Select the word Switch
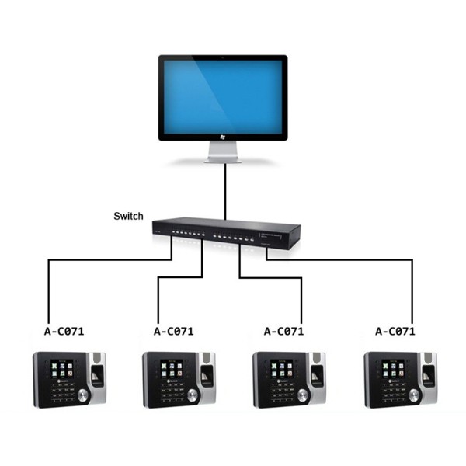tap(127, 216)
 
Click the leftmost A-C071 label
tap(64, 331)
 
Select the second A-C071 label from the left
tap(175, 331)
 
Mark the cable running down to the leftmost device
tap(49, 287)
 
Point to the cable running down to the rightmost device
tap(412, 287)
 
